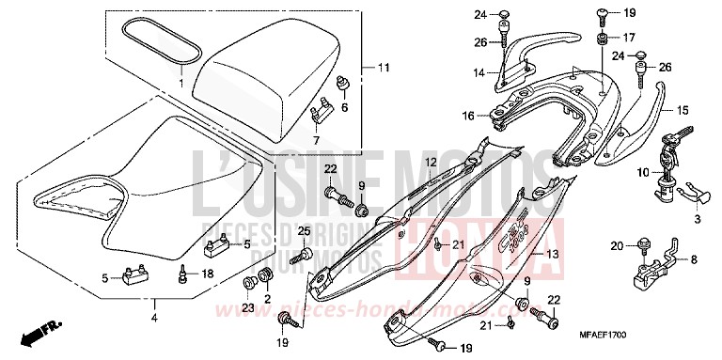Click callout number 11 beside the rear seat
click(383, 69)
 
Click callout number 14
click(478, 72)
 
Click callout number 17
click(629, 38)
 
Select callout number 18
click(209, 274)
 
